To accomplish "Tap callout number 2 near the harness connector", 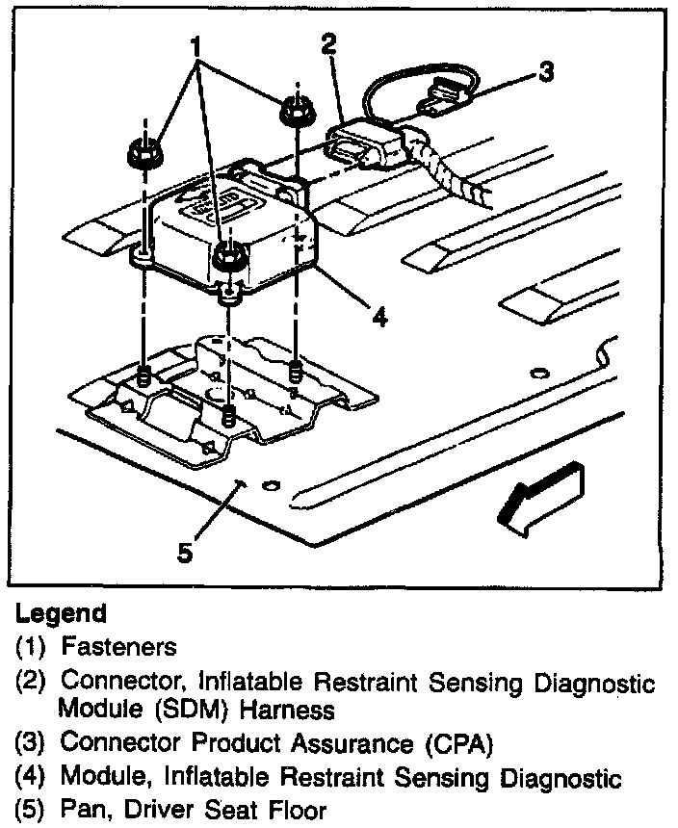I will [328, 43].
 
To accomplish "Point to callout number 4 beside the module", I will [380, 316].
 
